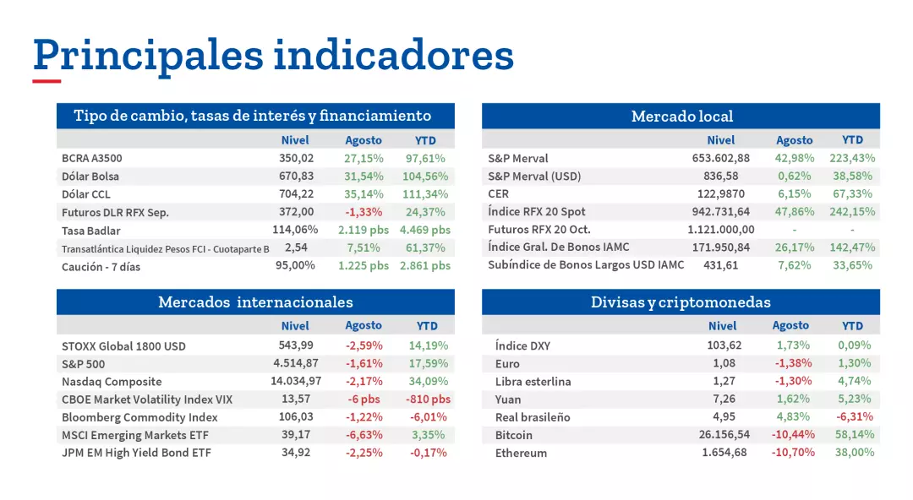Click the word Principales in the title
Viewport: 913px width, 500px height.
point(148,56)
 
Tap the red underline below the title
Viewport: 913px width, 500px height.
point(46,82)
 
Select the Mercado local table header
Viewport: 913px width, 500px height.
point(681,117)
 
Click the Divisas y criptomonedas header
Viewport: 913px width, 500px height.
point(681,302)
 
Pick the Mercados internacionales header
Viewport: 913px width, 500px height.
point(255,302)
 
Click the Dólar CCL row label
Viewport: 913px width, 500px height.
point(86,194)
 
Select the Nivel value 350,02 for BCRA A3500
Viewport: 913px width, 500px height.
point(296,158)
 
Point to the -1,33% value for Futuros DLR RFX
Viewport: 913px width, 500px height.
point(364,212)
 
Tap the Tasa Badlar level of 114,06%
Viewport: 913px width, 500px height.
point(295,230)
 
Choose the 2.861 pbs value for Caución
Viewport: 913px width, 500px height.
point(425,265)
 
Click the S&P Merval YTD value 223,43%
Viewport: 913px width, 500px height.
point(852,158)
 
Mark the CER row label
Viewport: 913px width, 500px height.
point(498,194)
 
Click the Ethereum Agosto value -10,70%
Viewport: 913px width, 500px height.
point(793,453)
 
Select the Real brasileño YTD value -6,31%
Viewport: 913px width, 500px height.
point(855,416)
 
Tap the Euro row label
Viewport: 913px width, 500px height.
point(507,364)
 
